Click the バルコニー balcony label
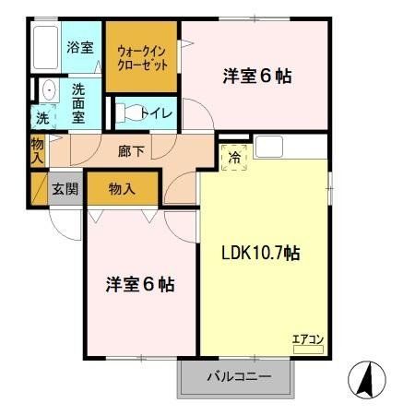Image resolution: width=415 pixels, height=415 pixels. [238, 377]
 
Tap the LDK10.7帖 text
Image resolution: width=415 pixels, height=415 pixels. [258, 252]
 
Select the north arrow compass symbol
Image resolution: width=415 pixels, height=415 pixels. [365, 378]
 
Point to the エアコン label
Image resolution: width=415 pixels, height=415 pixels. [307, 338]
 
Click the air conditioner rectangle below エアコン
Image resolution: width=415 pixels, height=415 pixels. [307, 349]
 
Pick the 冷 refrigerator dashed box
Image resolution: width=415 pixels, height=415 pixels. [234, 158]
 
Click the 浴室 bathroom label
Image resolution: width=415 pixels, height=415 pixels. [79, 47]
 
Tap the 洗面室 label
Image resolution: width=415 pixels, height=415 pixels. [78, 101]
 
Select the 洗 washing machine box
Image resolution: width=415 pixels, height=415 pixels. [42, 118]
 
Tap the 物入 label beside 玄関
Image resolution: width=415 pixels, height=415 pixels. [122, 189]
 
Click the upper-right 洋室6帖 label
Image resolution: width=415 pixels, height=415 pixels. [257, 77]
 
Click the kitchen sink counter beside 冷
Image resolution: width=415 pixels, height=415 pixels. [270, 146]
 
